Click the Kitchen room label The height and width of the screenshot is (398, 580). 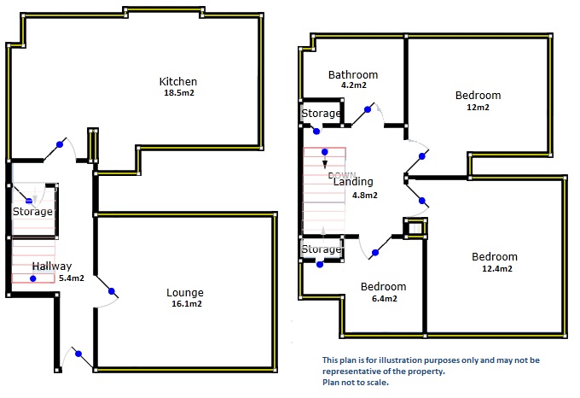point(178,82)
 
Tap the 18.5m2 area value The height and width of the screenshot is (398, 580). point(178,93)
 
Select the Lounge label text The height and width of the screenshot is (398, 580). point(185,293)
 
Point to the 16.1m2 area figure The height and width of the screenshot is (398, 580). point(186,304)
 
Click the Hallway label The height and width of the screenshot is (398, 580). point(52,266)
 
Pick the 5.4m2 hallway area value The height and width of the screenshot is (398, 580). point(71,278)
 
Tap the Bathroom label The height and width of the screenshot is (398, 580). point(353,74)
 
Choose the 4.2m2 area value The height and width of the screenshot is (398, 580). point(353,85)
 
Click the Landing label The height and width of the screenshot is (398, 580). point(353,182)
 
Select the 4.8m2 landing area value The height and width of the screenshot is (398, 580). point(364,195)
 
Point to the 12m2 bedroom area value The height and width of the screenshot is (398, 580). point(478,108)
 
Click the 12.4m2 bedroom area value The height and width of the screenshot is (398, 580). point(496,269)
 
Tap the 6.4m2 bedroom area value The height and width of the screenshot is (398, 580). point(382,299)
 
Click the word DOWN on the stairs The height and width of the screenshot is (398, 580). point(342,175)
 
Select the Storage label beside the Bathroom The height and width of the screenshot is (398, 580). point(322,114)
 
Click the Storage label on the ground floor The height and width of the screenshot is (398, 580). point(32,212)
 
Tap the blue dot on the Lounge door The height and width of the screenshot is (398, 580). point(111,292)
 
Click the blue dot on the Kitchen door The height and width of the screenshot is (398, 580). point(59,144)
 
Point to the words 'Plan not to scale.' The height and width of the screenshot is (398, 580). point(356,383)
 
